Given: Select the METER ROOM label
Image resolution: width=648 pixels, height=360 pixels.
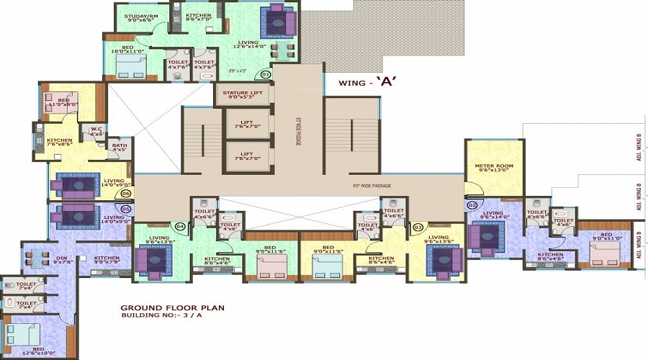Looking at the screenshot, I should pos(494,169).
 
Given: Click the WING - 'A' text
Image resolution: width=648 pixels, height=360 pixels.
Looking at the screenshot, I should pos(369,82).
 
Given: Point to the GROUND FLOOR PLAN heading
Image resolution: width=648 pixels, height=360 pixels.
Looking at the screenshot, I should pos(172,307).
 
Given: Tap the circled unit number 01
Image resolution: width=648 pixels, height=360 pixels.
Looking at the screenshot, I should pos(266,73).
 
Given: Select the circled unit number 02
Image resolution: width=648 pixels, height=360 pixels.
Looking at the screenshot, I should pos(473,204).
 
